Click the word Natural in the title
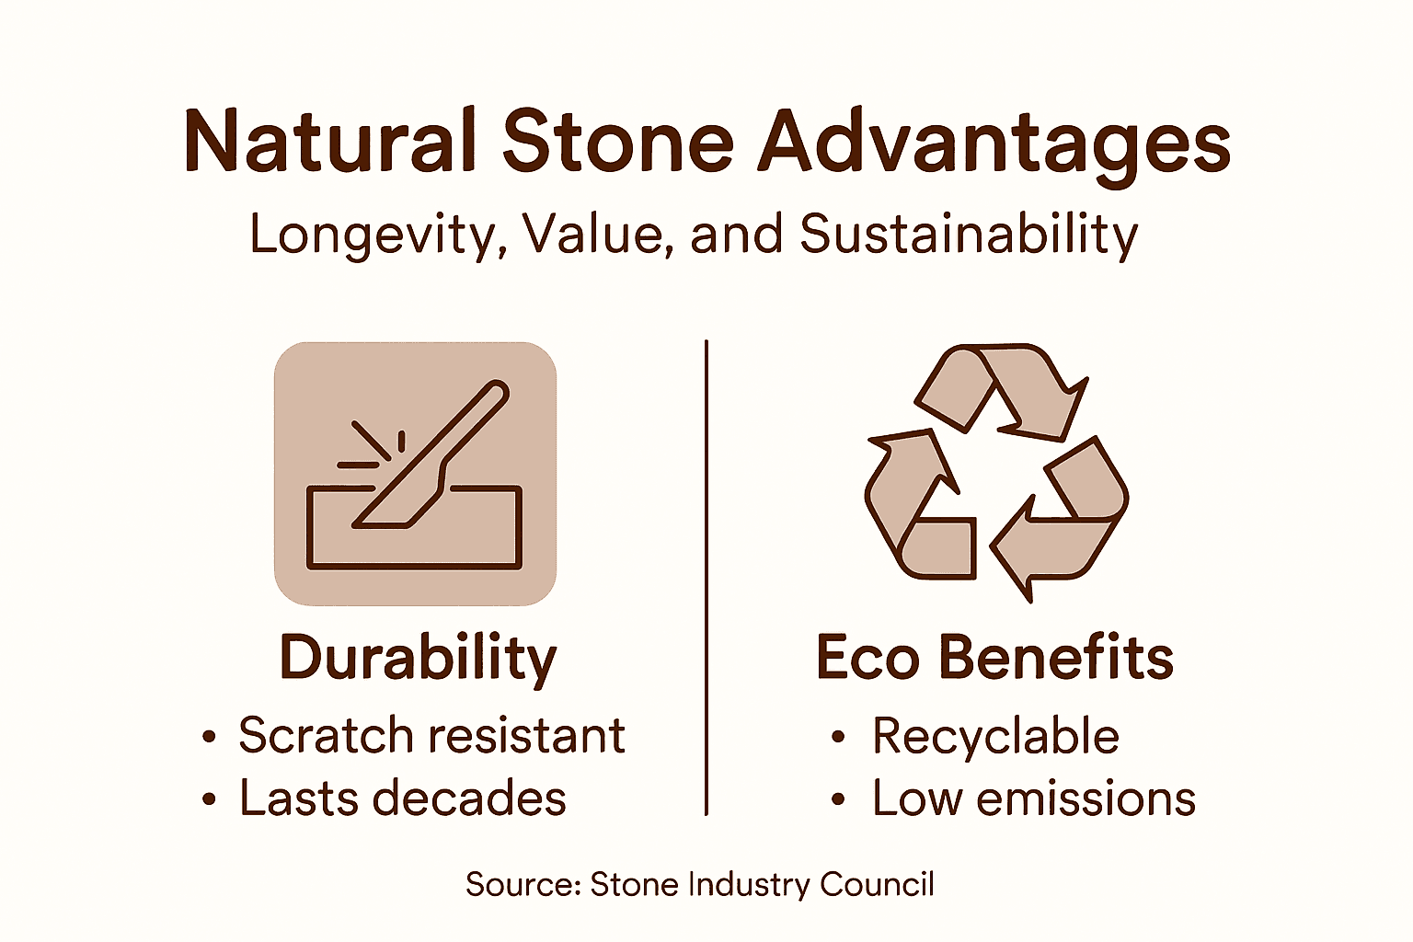pyautogui.click(x=329, y=142)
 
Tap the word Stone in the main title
pyautogui.click(x=617, y=142)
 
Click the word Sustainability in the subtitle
pyautogui.click(x=969, y=235)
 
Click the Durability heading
pyautogui.click(x=418, y=659)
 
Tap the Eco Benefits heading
pyautogui.click(x=994, y=658)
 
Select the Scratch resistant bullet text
pyautogui.click(x=431, y=736)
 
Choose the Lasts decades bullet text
pyautogui.click(x=402, y=798)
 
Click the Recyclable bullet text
pyautogui.click(x=995, y=736)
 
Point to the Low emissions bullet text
pyautogui.click(x=1033, y=798)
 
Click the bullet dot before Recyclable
pyautogui.click(x=837, y=738)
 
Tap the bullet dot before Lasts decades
pyautogui.click(x=209, y=800)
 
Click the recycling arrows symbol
pyautogui.click(x=996, y=473)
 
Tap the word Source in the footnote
pyautogui.click(x=522, y=885)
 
